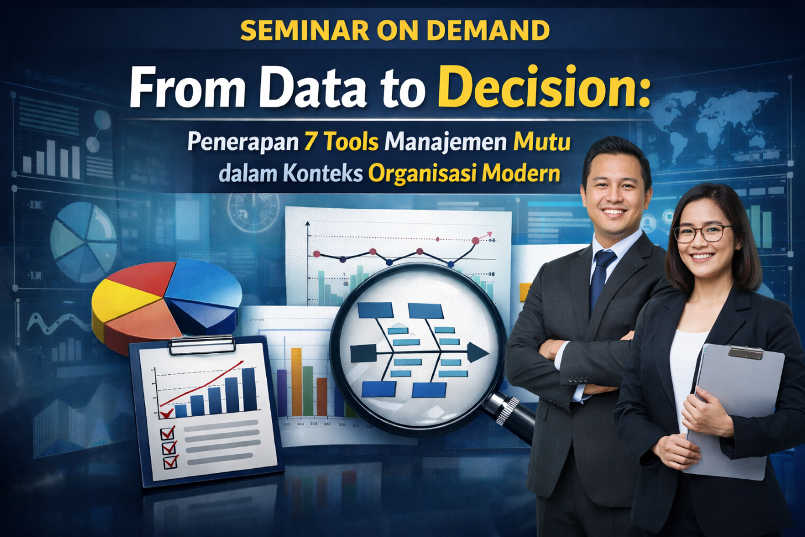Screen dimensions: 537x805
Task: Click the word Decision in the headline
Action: (x=543, y=88)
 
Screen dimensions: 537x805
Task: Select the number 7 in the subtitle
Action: (x=310, y=142)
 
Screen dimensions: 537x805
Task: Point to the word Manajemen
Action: (x=446, y=142)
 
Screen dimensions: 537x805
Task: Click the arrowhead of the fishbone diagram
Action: (x=477, y=353)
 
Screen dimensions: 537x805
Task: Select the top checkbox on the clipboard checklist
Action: (x=167, y=433)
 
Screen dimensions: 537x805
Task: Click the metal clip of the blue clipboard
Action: (x=202, y=345)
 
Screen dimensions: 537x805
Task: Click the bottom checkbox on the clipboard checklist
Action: (x=171, y=462)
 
